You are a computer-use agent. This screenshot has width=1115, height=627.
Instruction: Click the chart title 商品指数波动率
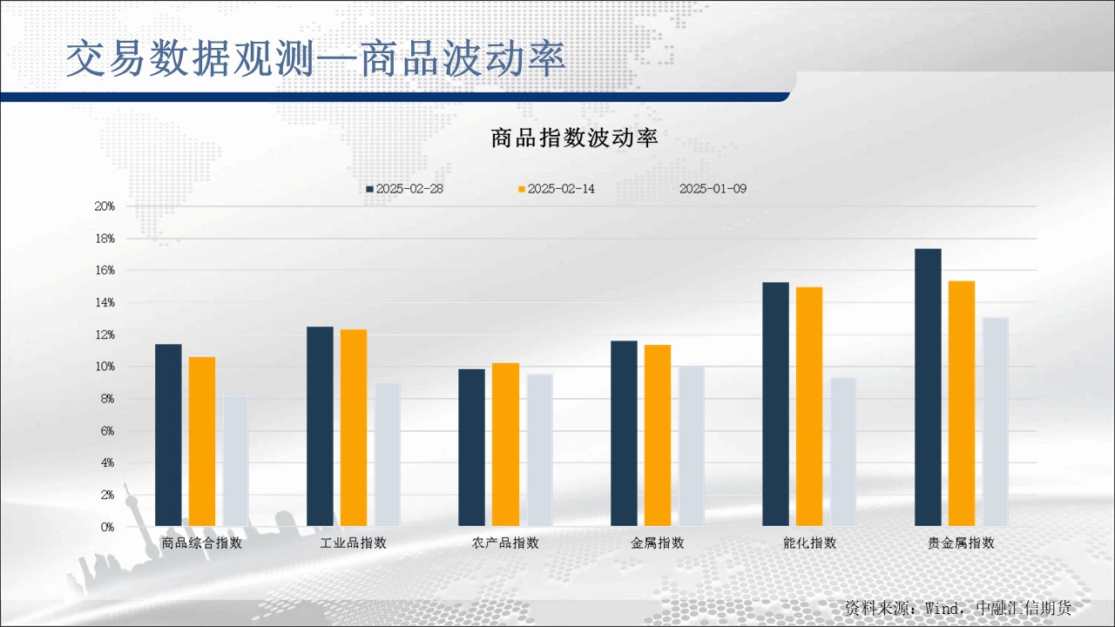click(574, 138)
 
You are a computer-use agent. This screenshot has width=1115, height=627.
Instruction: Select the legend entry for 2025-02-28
click(405, 189)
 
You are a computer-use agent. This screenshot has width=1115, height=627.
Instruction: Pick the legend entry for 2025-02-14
click(557, 189)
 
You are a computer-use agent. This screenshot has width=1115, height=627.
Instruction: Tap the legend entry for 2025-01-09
click(713, 189)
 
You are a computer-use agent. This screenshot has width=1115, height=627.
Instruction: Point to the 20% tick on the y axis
click(105, 206)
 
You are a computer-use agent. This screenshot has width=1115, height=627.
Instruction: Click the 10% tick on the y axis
click(105, 367)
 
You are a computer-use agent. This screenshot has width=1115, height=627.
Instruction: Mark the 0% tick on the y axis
click(107, 527)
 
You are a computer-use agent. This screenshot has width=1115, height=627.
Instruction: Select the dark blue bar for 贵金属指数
click(928, 388)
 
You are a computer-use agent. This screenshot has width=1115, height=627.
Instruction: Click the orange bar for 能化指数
click(809, 407)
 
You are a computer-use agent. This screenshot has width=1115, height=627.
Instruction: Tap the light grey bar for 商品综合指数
click(236, 461)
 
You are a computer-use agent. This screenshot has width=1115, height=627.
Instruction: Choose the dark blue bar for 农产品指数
click(472, 448)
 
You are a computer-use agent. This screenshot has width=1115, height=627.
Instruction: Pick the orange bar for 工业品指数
click(354, 428)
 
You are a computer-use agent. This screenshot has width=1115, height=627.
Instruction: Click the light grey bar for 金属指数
click(692, 446)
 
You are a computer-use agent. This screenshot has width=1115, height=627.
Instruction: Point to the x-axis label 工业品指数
click(354, 543)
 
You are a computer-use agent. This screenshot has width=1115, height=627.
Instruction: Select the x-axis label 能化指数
click(810, 543)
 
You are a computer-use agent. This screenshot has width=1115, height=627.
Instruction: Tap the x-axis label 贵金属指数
click(962, 543)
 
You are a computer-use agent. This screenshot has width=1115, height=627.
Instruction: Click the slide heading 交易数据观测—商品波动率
click(316, 59)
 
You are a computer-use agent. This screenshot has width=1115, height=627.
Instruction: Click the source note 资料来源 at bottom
click(958, 608)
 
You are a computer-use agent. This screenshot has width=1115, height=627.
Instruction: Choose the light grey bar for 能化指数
click(843, 452)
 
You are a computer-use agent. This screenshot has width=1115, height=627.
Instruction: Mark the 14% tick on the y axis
click(105, 303)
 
